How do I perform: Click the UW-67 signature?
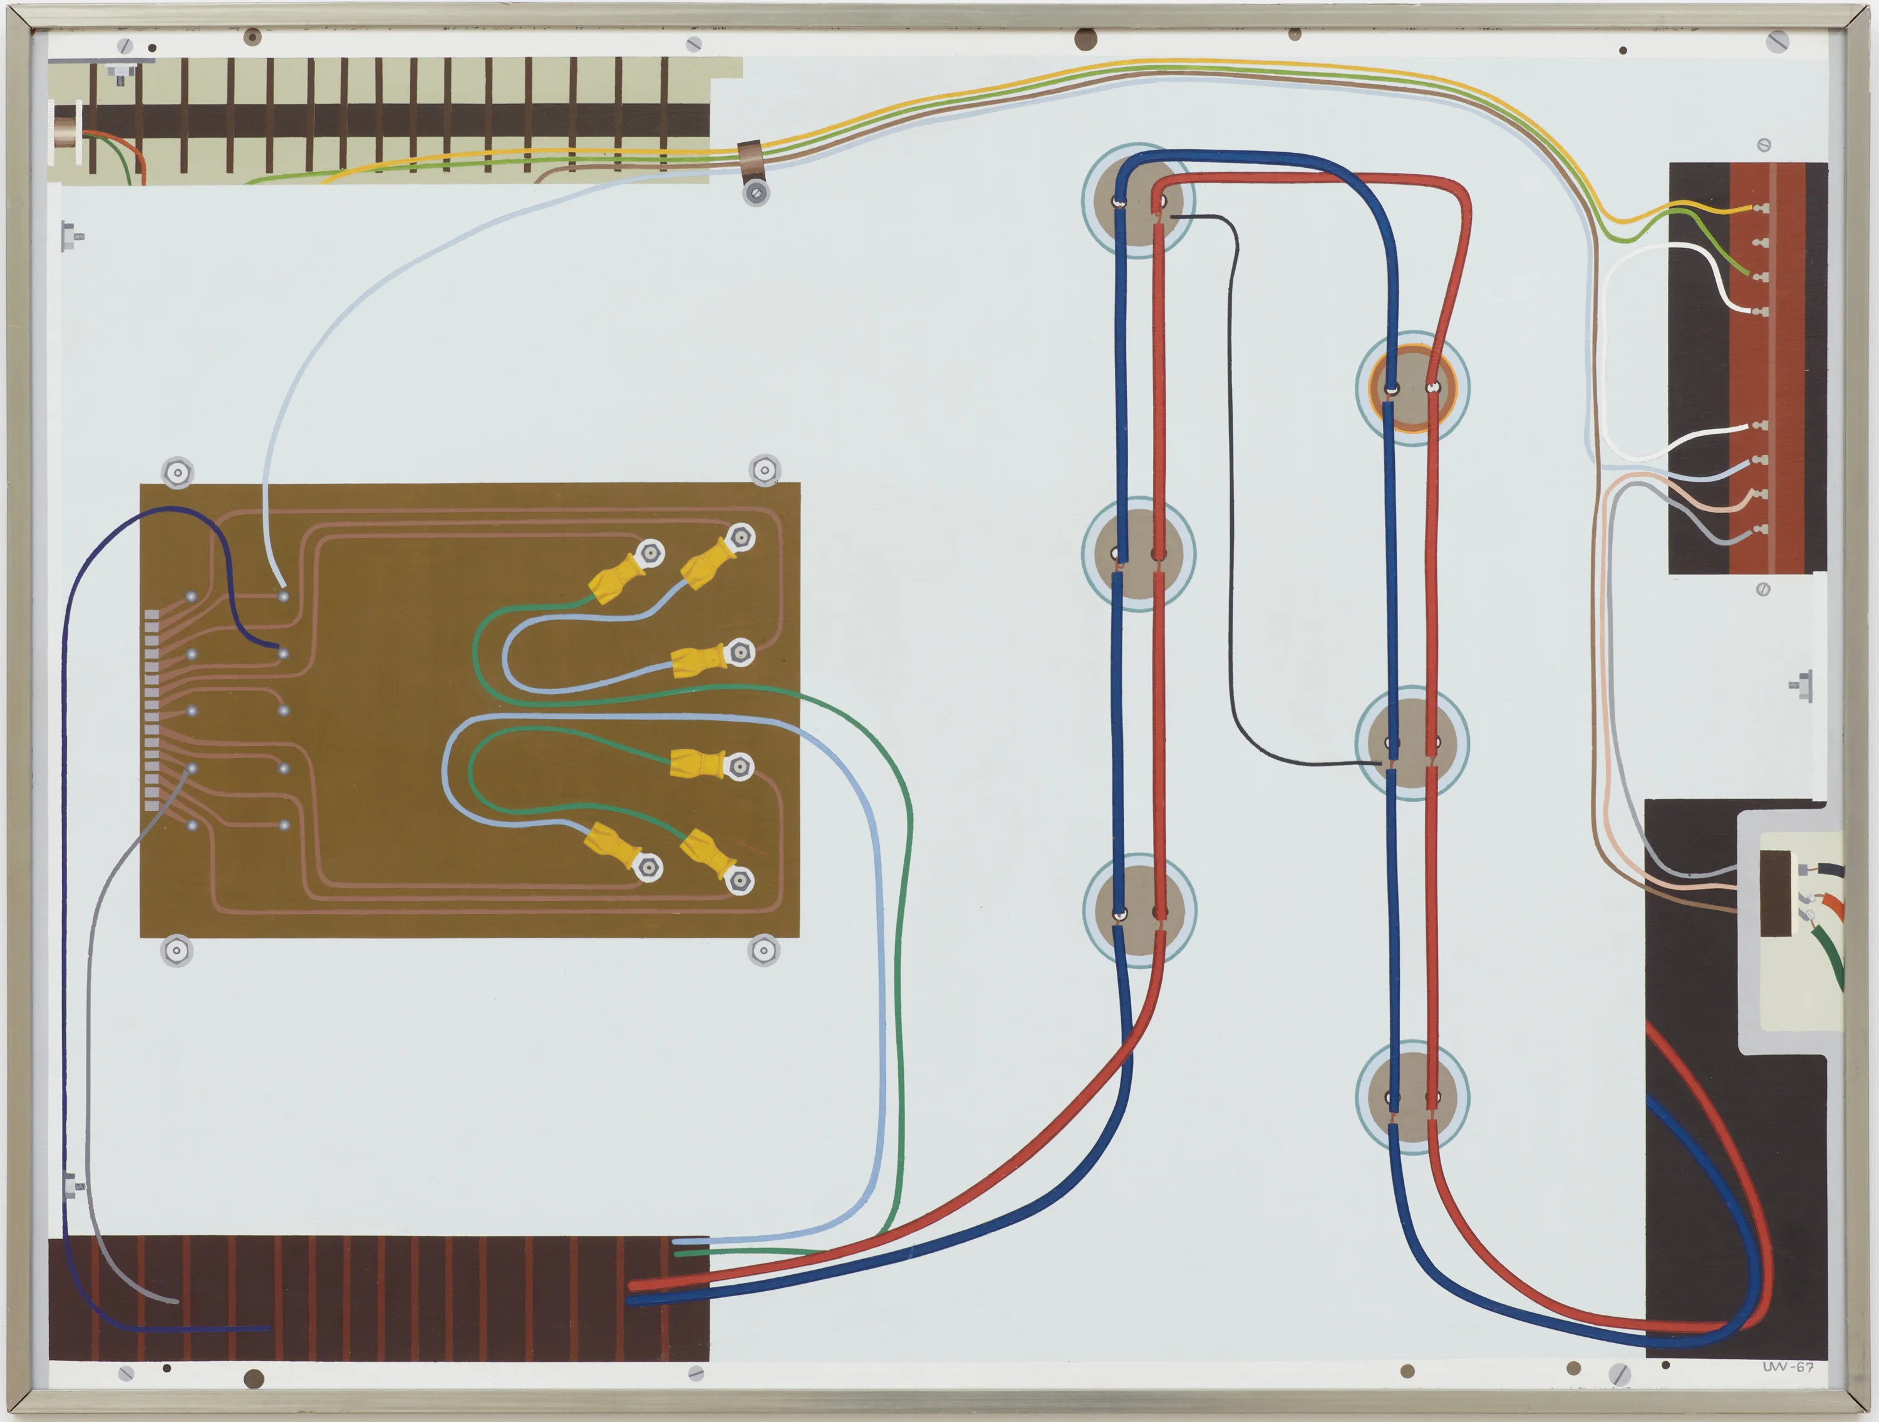click(1788, 1367)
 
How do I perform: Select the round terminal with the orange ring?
click(1412, 387)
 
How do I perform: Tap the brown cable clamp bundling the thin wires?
click(752, 157)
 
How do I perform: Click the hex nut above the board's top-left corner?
click(177, 472)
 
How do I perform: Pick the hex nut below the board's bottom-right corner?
click(763, 950)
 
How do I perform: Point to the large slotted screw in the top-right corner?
click(1777, 40)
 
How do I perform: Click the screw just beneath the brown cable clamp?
click(755, 193)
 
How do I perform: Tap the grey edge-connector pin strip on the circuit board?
click(151, 709)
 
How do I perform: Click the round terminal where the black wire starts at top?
click(1138, 200)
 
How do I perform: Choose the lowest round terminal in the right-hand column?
click(1412, 1096)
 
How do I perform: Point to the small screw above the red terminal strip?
click(1764, 145)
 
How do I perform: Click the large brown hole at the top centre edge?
click(1085, 38)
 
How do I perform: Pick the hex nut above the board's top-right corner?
click(765, 470)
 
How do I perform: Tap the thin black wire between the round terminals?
click(1233, 510)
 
